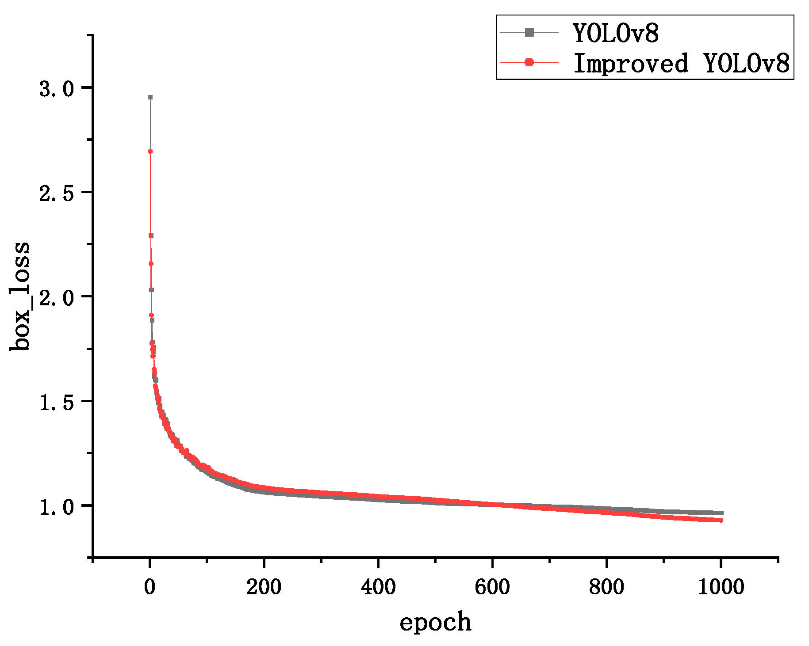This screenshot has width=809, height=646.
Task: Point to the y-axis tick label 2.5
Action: click(x=56, y=194)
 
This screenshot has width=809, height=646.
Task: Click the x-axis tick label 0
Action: click(x=150, y=587)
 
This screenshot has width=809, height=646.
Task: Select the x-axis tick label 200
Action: click(x=264, y=587)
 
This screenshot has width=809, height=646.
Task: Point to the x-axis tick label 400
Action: click(x=378, y=587)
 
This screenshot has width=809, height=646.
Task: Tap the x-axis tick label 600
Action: click(x=492, y=587)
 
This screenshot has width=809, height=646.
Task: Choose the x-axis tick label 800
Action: click(x=606, y=587)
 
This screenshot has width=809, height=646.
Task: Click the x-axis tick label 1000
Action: click(x=721, y=587)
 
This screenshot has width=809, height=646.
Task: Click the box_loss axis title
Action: click(x=20, y=296)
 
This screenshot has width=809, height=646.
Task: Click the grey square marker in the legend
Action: click(x=529, y=32)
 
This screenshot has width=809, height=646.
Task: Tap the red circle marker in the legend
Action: click(x=529, y=62)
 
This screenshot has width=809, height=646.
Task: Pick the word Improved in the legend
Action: click(x=631, y=63)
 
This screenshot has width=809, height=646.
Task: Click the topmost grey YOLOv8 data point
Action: click(x=150, y=97)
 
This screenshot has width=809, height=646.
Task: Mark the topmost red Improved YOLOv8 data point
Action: click(x=150, y=152)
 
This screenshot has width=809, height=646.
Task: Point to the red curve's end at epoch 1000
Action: click(x=721, y=520)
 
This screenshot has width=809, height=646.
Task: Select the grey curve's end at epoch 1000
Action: click(x=721, y=513)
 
